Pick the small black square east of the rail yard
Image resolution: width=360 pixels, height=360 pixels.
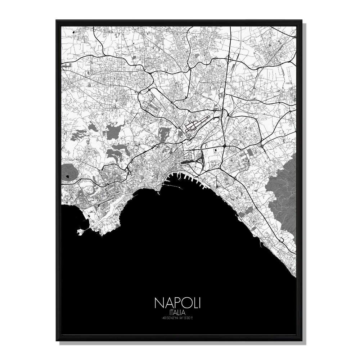pyautogui.click(x=215, y=150)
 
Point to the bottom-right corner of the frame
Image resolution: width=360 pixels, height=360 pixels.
pyautogui.click(x=303, y=340)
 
